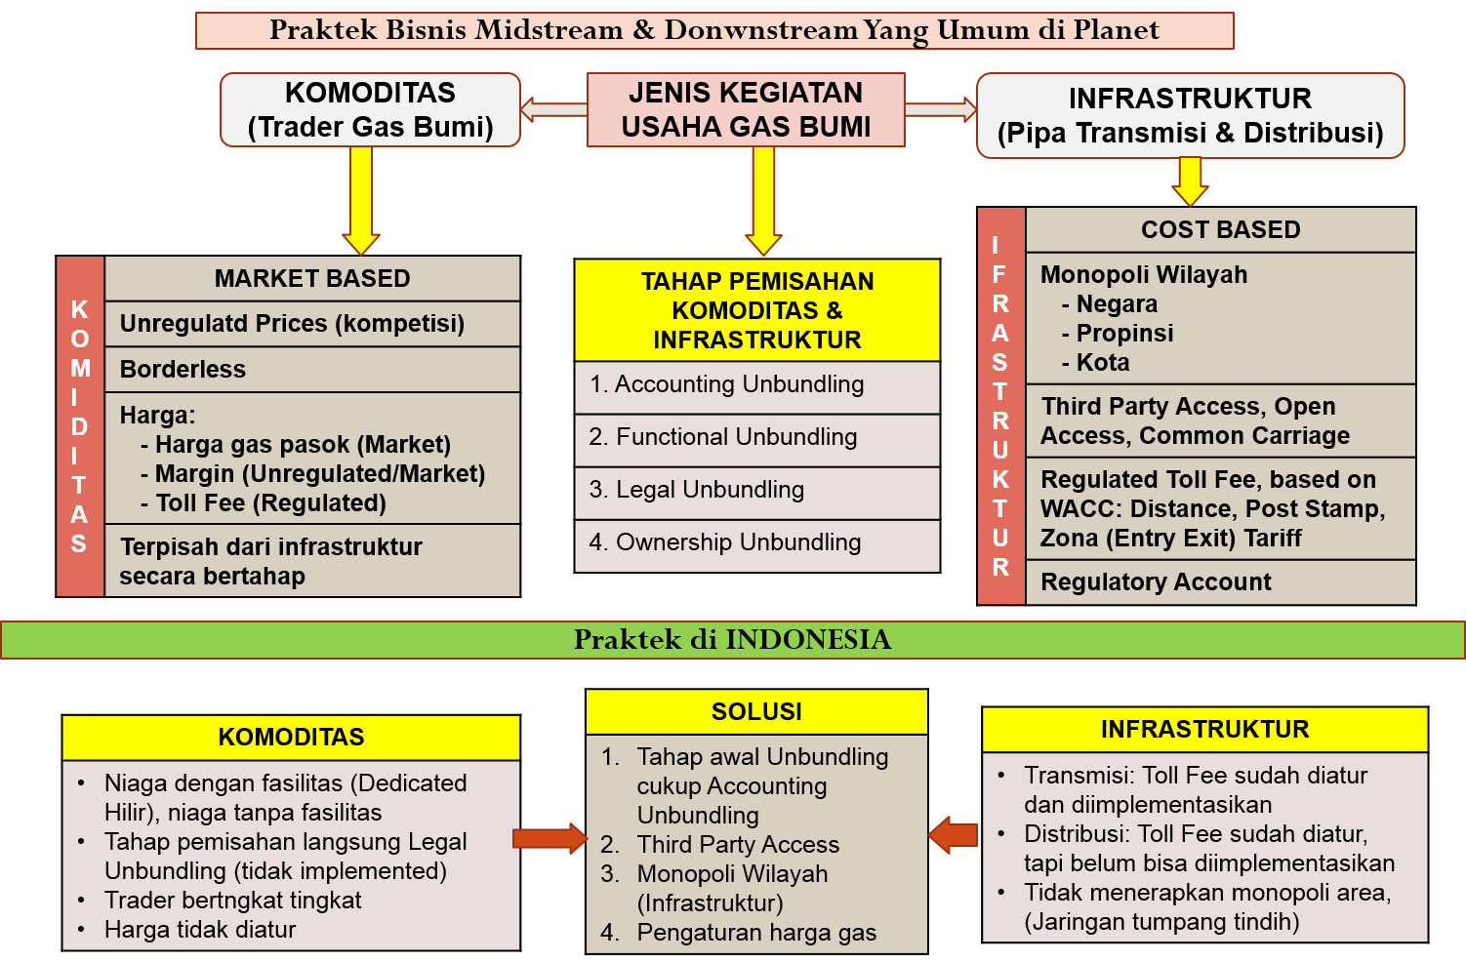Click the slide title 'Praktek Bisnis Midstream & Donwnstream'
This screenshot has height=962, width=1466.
713,30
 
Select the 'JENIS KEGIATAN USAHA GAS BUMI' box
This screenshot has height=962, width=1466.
746,109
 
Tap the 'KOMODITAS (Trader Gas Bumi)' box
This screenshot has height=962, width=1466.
370,110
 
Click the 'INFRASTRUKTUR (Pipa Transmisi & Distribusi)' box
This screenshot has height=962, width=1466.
1190,115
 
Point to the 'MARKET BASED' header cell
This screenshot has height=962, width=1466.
312,279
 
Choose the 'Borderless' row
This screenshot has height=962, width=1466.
312,370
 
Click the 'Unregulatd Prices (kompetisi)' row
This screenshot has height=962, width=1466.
312,324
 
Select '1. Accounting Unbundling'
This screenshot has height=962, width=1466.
756,385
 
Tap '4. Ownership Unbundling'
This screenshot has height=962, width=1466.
756,542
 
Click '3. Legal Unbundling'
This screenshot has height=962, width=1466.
756,490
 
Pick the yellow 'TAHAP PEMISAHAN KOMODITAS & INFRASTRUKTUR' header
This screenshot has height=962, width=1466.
756,310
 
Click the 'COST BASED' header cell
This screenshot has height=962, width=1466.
1220,230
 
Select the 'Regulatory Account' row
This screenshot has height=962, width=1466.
1220,582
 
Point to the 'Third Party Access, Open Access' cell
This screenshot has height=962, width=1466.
1220,421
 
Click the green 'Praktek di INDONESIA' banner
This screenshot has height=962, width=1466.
732,640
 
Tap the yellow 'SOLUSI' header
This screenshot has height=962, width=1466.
756,712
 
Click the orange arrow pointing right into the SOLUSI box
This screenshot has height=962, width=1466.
550,838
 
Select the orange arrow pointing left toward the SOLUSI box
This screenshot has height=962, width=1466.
954,834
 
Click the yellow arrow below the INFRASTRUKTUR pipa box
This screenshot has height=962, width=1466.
1190,181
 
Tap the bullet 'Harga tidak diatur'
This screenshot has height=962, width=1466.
200,930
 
